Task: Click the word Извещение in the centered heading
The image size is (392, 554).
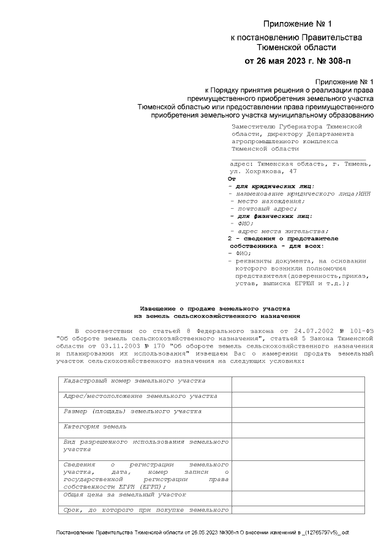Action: pos(164,309)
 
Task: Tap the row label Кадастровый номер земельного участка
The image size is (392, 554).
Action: pos(135,381)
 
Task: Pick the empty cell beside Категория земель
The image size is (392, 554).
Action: pos(298,427)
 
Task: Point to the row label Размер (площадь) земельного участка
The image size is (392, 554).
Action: pos(132,411)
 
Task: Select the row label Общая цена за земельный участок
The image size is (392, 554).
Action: pos(125,494)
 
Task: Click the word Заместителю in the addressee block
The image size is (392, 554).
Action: pos(253,126)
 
